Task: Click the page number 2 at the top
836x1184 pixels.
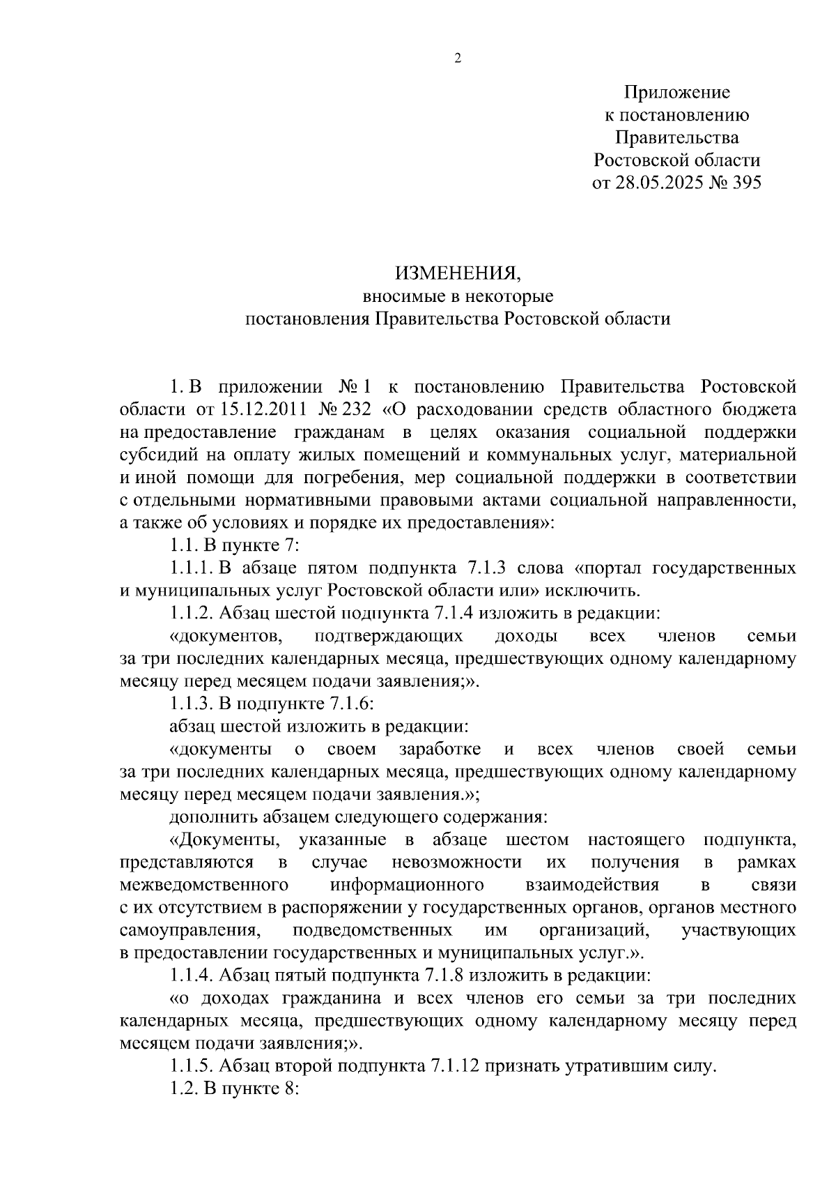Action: (458, 59)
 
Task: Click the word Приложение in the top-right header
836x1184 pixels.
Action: (676, 92)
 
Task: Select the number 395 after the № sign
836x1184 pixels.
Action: (743, 183)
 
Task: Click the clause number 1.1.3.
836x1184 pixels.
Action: (192, 704)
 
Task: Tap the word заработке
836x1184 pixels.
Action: (440, 750)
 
